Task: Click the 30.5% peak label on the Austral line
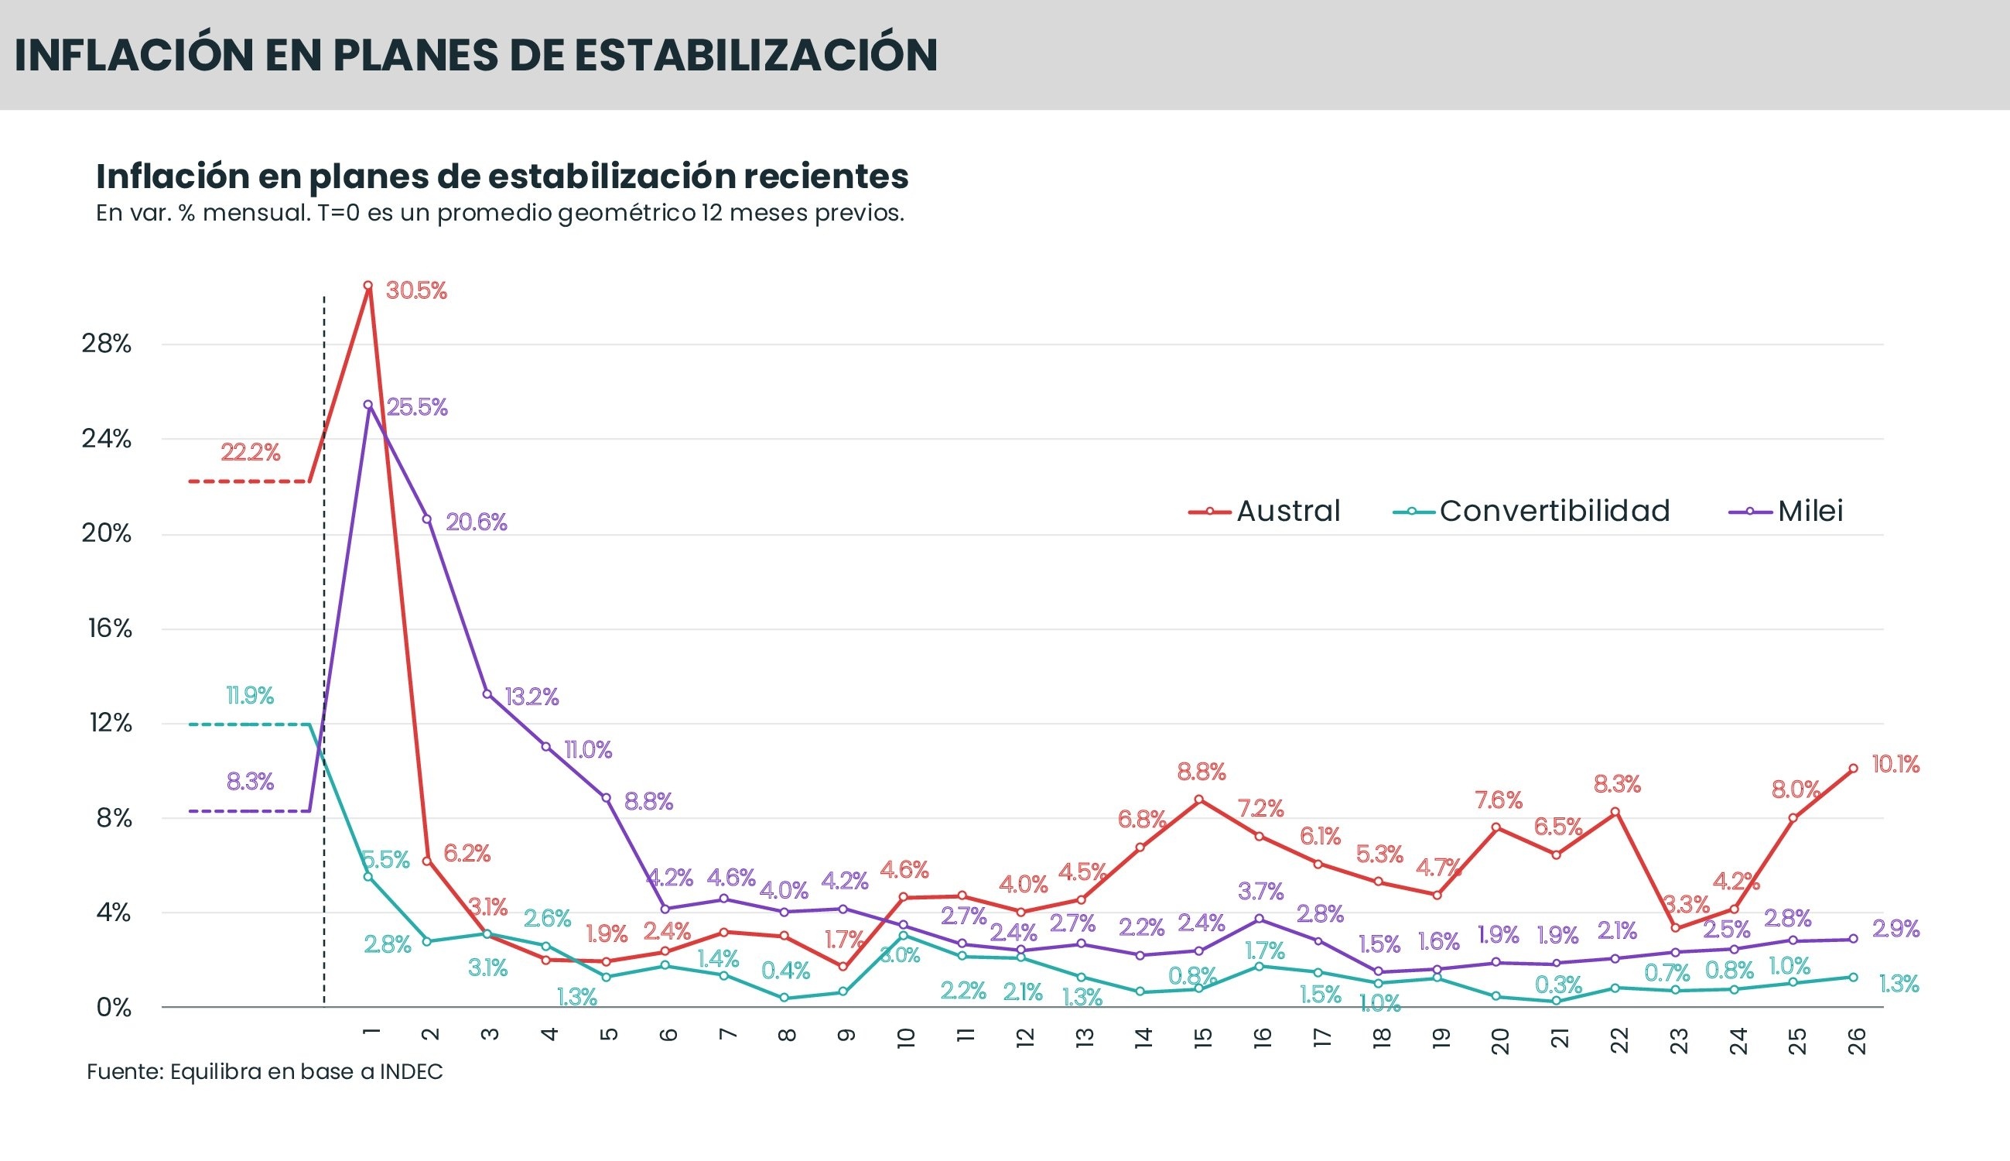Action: (x=416, y=291)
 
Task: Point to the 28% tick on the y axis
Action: (x=106, y=344)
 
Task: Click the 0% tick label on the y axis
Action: (x=113, y=1008)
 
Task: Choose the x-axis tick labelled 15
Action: (x=1202, y=1037)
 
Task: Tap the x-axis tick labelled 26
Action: (x=1856, y=1041)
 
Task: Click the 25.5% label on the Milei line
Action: (x=417, y=407)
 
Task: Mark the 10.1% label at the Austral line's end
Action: (x=1895, y=765)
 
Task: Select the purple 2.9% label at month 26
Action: (x=1895, y=929)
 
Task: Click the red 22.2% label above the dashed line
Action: (x=250, y=453)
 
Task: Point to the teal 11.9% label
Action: (x=249, y=696)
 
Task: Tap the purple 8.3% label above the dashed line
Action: (x=249, y=783)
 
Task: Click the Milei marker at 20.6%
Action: (x=427, y=519)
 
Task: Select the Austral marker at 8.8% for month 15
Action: (x=1198, y=799)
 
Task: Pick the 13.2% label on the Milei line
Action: (x=532, y=697)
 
